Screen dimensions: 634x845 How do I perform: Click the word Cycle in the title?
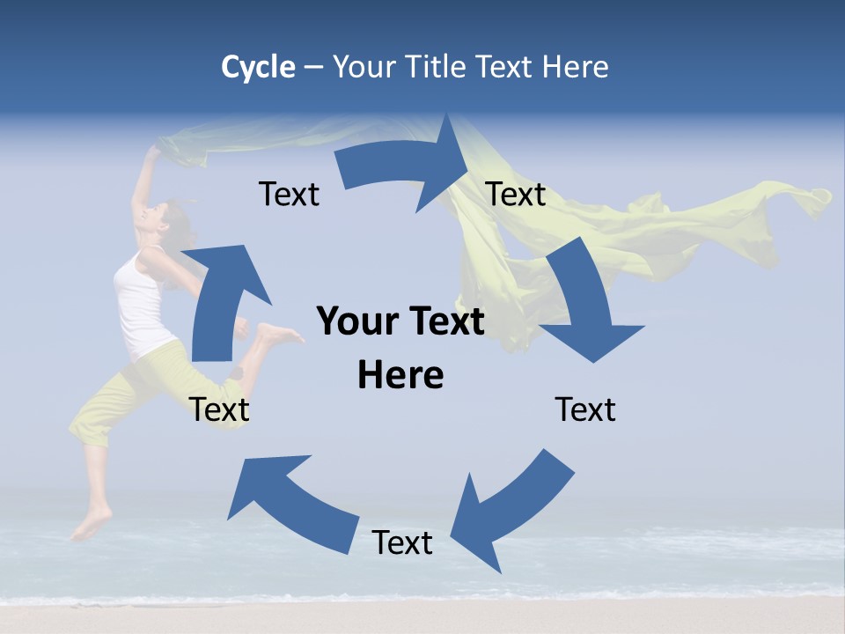tap(258, 67)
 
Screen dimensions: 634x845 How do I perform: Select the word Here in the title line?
tap(575, 67)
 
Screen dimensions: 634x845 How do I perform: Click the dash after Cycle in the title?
tap(313, 68)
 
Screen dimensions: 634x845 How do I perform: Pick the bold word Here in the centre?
tap(400, 376)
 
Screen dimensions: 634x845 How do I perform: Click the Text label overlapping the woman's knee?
tap(219, 409)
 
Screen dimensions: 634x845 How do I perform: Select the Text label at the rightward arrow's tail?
tap(289, 195)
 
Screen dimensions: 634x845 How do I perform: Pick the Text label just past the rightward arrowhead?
tap(516, 195)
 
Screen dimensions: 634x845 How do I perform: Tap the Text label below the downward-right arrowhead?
tap(585, 409)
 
